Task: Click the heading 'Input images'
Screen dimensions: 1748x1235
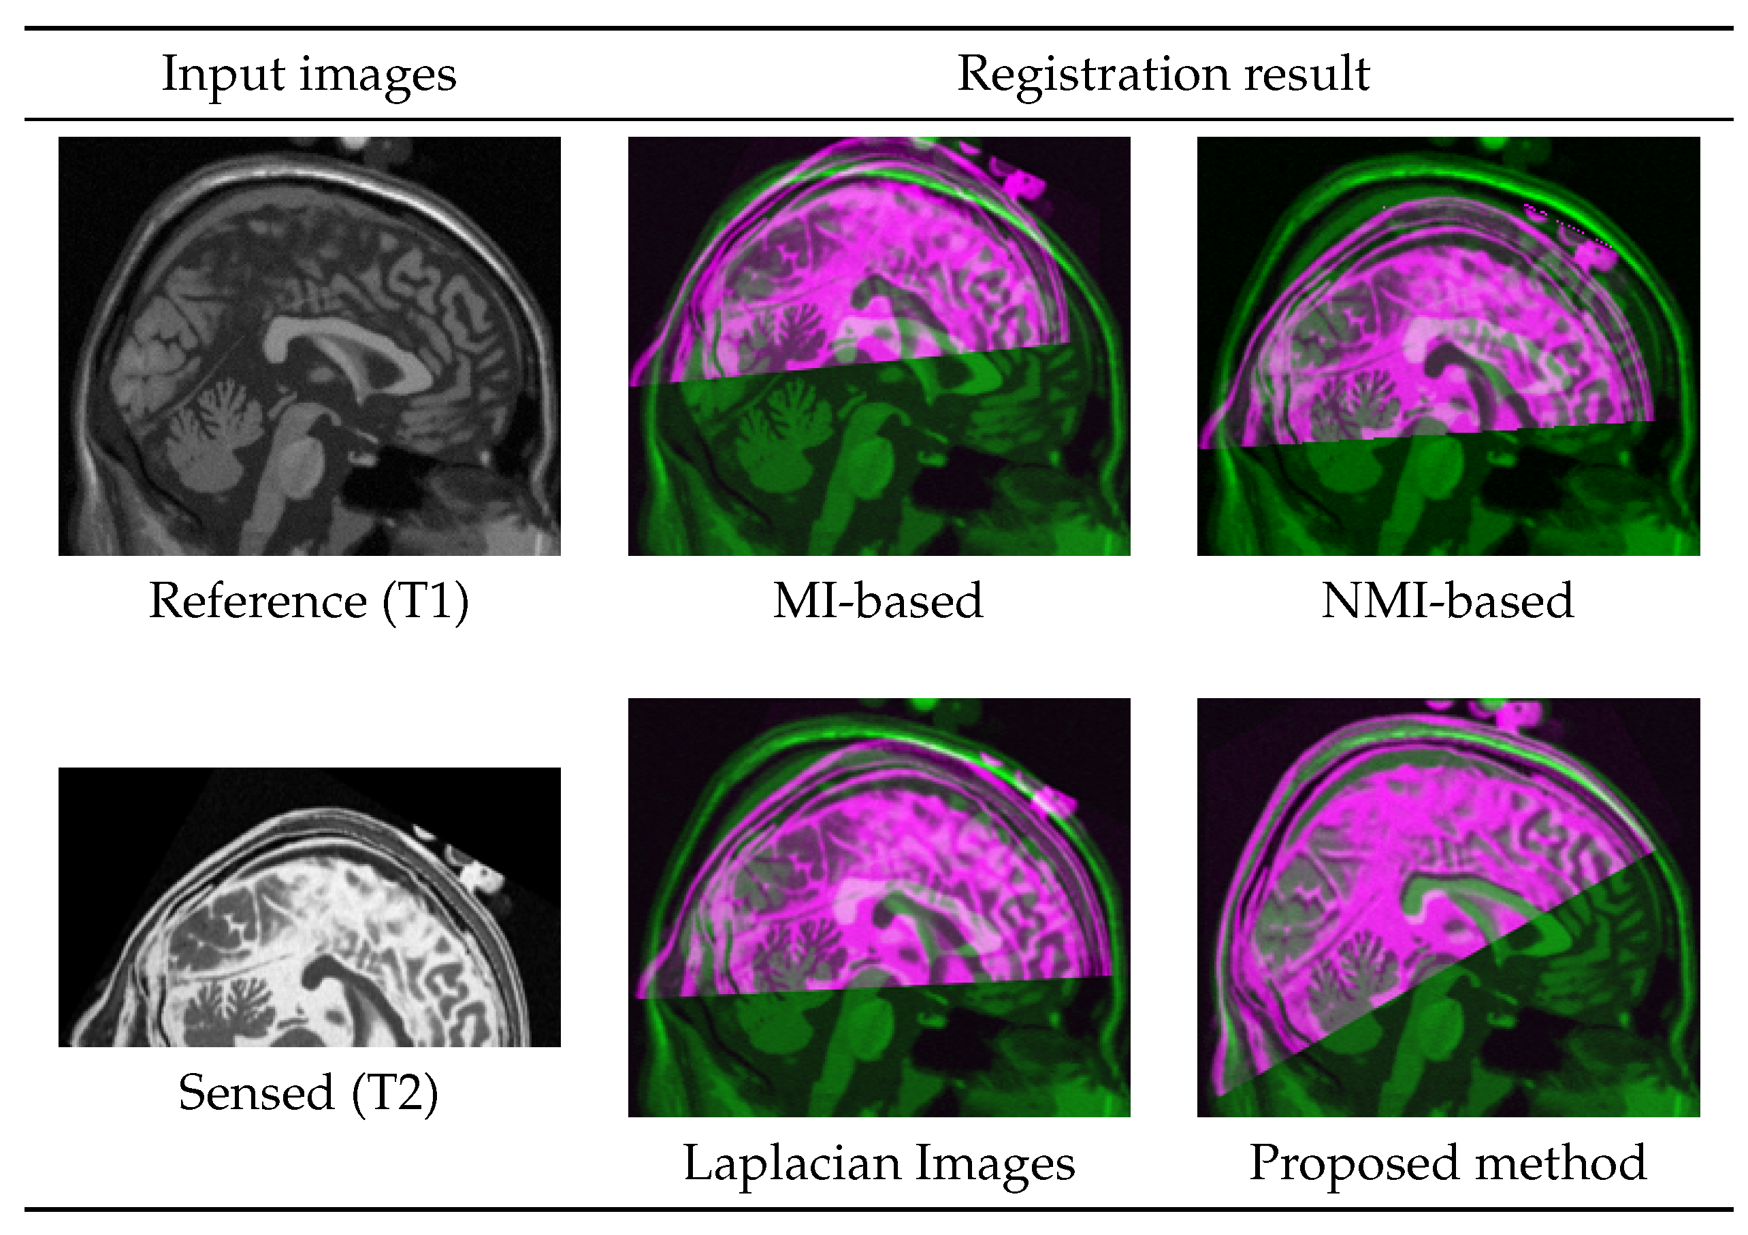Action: point(308,75)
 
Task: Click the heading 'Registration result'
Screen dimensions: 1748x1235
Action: point(1163,75)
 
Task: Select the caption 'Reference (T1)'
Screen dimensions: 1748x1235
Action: point(308,601)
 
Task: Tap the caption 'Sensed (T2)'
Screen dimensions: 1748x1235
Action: point(308,1093)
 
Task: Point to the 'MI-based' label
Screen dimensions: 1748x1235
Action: point(878,601)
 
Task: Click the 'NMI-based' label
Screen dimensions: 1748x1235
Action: point(1447,601)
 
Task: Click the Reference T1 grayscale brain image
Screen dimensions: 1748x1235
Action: point(309,346)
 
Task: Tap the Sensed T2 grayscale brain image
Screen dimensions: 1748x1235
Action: point(309,907)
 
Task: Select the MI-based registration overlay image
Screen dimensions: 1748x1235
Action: point(879,346)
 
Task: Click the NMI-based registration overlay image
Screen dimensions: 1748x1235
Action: point(1448,346)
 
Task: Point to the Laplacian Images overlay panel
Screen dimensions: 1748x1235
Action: point(879,907)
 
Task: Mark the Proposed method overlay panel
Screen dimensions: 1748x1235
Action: point(1448,907)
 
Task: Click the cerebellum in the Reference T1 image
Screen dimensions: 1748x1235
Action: point(213,433)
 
